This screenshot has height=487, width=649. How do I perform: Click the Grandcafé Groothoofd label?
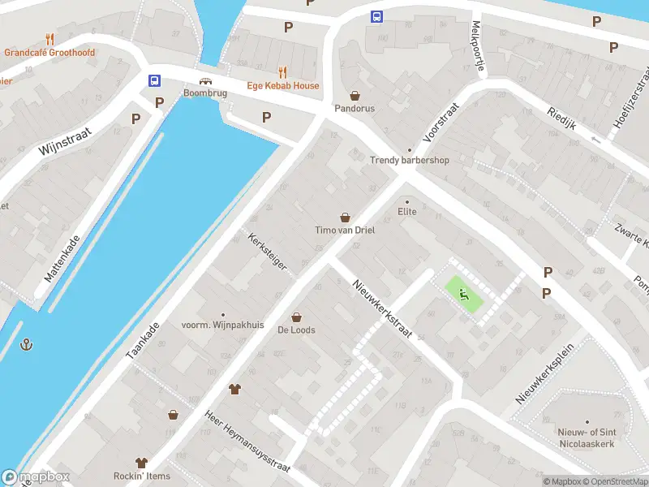tap(49, 53)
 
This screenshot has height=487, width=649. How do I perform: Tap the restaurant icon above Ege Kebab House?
tap(283, 71)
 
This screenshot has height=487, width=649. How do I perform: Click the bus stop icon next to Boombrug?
tap(153, 80)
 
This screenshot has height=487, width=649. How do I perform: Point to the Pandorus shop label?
tap(355, 108)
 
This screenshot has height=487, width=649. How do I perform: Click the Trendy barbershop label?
tap(410, 160)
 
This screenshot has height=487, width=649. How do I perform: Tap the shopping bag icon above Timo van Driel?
tap(345, 217)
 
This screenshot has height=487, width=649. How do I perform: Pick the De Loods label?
tap(296, 330)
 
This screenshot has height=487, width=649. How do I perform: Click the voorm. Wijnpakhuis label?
tap(223, 325)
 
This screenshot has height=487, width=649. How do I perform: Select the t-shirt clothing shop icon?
tap(235, 389)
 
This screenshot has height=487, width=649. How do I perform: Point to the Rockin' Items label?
tap(142, 475)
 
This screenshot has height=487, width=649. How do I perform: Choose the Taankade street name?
tap(143, 340)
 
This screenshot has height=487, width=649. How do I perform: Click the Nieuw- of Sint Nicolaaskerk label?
tap(586, 437)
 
